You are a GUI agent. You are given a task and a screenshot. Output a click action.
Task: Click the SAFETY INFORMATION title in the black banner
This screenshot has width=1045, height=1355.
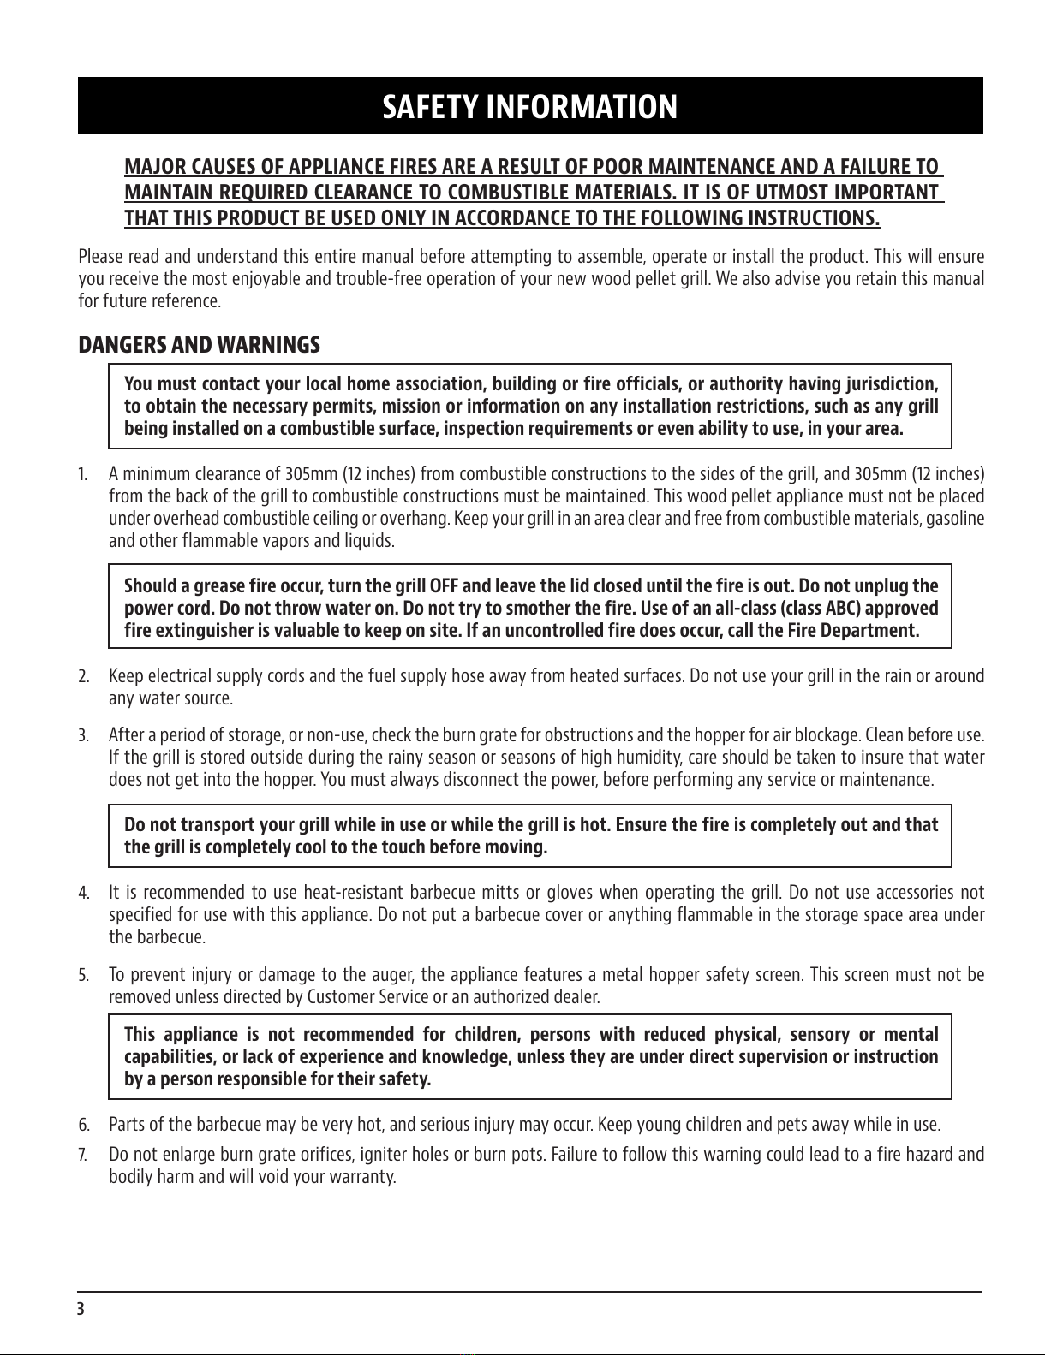(x=529, y=108)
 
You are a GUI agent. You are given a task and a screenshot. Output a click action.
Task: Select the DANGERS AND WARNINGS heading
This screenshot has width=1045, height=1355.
(x=200, y=345)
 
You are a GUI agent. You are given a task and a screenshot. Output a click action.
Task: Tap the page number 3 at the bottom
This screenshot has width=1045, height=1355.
(x=81, y=1309)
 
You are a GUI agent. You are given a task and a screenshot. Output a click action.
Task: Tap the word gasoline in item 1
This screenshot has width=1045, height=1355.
(x=956, y=520)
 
